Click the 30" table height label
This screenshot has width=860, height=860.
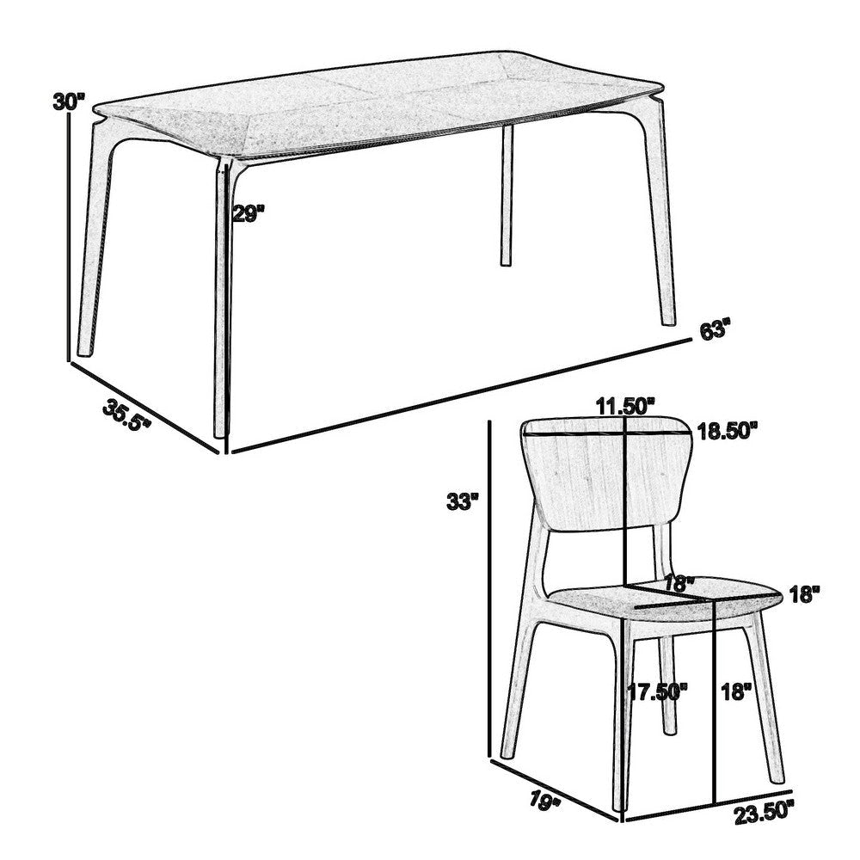click(69, 101)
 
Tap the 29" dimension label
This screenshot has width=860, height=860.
click(249, 213)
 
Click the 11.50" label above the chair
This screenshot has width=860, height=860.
click(625, 407)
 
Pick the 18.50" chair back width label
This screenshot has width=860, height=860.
click(728, 431)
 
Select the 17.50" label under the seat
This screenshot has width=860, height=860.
click(658, 691)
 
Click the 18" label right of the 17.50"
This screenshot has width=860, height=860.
click(736, 691)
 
